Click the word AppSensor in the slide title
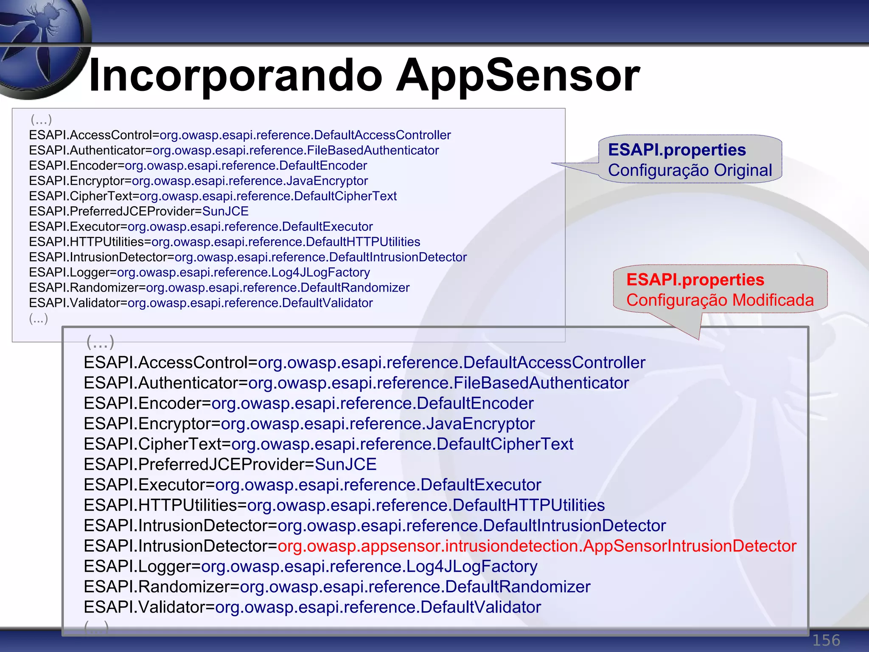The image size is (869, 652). pyautogui.click(x=518, y=76)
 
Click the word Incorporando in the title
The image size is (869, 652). pyautogui.click(x=235, y=76)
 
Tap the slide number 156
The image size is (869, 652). pyautogui.click(x=826, y=640)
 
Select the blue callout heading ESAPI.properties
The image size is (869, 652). pyautogui.click(x=677, y=150)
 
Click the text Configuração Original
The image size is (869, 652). pyautogui.click(x=690, y=170)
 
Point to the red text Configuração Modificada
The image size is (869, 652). pyautogui.click(x=720, y=300)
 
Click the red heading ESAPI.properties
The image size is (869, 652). pyautogui.click(x=695, y=280)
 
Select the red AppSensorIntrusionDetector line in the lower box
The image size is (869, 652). pyautogui.click(x=537, y=546)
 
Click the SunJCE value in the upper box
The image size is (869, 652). pyautogui.click(x=225, y=211)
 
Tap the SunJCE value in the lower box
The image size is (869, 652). pyautogui.click(x=345, y=464)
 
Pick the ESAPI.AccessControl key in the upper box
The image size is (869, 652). pyautogui.click(x=90, y=135)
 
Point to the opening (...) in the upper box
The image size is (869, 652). pyautogui.click(x=41, y=120)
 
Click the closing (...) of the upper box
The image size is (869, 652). pyautogui.click(x=39, y=318)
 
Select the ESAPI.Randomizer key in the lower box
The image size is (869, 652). pyautogui.click(x=157, y=587)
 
